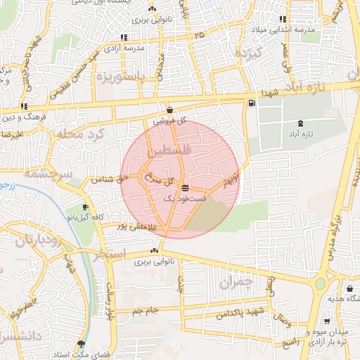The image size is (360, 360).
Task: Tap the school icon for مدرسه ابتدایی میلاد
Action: click(x=283, y=20)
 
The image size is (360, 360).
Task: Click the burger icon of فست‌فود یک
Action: click(x=184, y=188)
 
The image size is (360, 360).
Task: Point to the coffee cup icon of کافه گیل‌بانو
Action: click(x=86, y=207)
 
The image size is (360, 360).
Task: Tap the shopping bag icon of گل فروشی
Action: click(x=170, y=110)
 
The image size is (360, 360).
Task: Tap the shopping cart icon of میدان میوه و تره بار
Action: click(x=326, y=321)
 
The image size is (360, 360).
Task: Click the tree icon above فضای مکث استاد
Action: click(x=81, y=344)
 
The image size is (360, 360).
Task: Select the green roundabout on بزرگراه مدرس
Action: click(x=321, y=284)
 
